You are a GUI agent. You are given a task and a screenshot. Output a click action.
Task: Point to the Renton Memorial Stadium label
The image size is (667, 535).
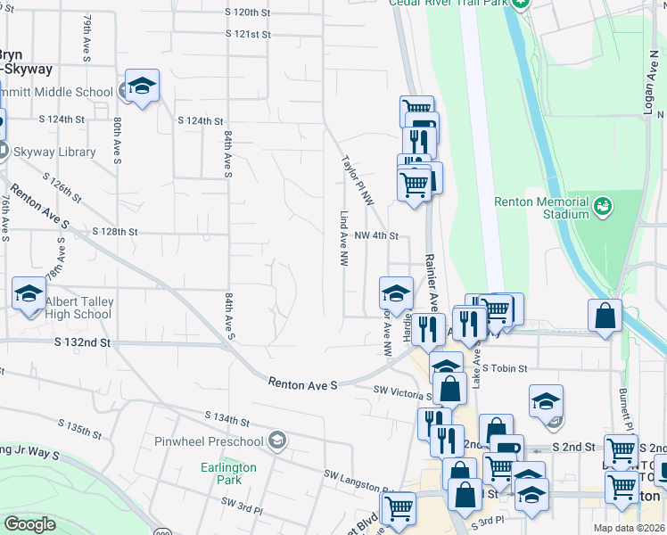click(542, 208)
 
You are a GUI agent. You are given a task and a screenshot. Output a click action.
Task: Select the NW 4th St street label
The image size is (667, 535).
click(375, 236)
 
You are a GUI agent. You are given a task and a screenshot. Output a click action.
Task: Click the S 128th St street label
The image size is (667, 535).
click(115, 232)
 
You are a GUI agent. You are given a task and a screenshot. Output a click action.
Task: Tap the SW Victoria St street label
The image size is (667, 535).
click(402, 391)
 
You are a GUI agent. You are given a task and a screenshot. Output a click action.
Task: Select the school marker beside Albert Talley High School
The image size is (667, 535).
click(29, 293)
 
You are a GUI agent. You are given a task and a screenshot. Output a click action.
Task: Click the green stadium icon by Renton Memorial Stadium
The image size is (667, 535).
click(605, 207)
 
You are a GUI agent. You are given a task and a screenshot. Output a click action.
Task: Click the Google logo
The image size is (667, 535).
click(29, 524)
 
